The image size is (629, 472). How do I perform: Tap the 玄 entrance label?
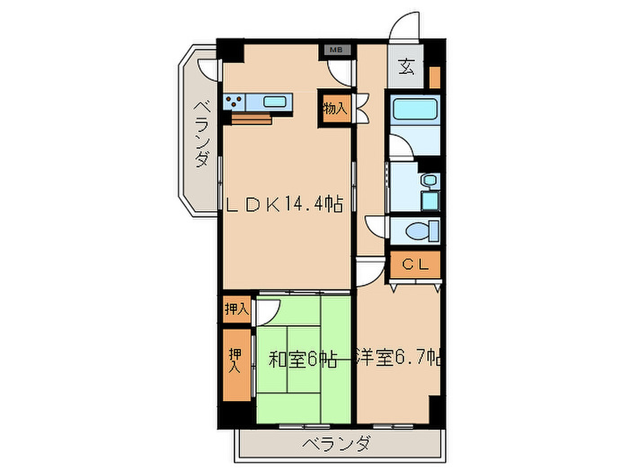[x=406, y=67]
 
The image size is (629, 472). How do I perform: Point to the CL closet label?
[x=415, y=264]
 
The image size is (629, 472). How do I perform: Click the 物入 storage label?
[x=335, y=109]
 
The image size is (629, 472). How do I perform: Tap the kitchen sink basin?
[x=274, y=102]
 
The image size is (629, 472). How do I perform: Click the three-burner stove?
[x=234, y=102]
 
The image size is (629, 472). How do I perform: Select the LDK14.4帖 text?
[x=284, y=204]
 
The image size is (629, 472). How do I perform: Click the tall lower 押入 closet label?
[x=235, y=361]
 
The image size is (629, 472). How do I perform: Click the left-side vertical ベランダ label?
[x=201, y=134]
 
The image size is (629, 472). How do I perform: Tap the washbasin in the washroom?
[x=430, y=180]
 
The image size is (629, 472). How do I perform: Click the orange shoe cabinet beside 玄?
[x=434, y=77]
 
